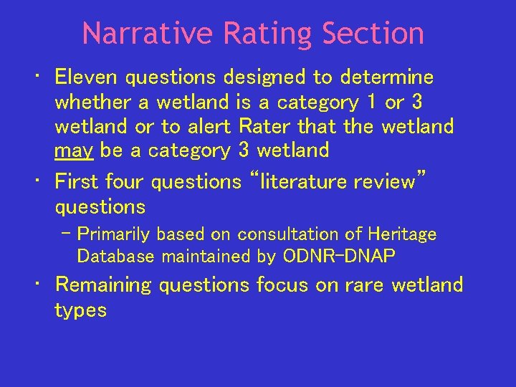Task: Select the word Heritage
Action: (403, 234)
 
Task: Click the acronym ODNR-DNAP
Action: (340, 256)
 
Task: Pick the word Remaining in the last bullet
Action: (103, 285)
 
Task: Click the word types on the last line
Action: (81, 310)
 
